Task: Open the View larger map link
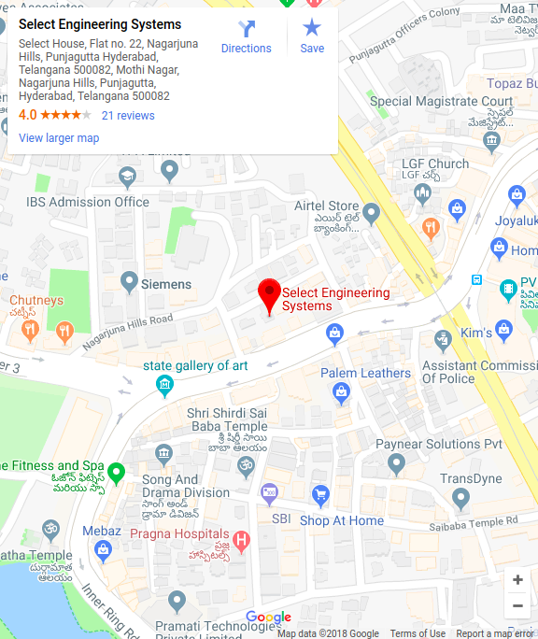click(x=59, y=138)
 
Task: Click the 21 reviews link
click(x=128, y=116)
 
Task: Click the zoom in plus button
click(x=517, y=579)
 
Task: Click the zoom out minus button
click(x=517, y=605)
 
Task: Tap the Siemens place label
click(x=165, y=284)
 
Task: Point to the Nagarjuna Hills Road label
click(x=127, y=331)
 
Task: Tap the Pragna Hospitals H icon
click(x=241, y=540)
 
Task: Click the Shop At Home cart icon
click(x=320, y=494)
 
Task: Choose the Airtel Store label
click(x=326, y=206)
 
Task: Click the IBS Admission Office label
click(x=88, y=202)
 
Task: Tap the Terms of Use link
click(x=418, y=633)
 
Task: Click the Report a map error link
click(x=495, y=633)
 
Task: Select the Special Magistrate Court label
click(x=441, y=102)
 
